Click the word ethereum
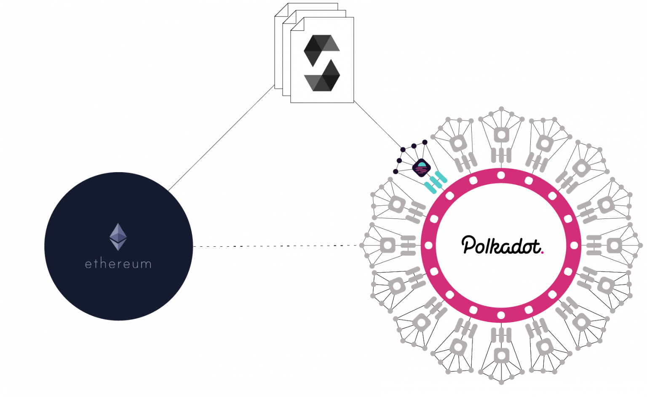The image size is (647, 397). pos(118,264)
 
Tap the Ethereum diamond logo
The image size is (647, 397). pos(118,237)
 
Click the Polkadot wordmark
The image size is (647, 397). pos(501,245)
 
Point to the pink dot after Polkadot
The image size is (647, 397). pos(543,253)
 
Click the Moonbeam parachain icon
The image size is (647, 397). pos(421,168)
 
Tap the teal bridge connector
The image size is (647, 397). pos(436,182)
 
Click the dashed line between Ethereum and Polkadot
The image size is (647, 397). pos(276,246)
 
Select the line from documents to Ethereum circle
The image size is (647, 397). pos(221,138)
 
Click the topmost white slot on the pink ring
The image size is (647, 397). pos(501,175)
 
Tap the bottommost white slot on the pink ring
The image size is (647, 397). pos(501,315)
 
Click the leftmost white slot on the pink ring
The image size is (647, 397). pos(429,245)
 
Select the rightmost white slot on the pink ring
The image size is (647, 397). pos(574,245)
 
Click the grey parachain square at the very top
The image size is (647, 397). pos(501,135)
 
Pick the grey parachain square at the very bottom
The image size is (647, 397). pos(501,356)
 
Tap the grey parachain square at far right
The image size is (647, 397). pos(614,246)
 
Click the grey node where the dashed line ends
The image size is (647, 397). pos(362,245)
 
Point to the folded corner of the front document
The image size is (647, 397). pos(297,24)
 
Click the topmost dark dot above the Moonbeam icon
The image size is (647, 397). pos(425,142)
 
